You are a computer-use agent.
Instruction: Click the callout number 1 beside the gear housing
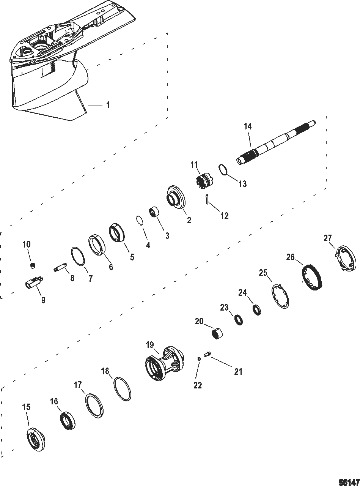pos(108,105)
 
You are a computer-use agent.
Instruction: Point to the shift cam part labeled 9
pos(33,282)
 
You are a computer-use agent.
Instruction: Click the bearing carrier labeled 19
pos(164,362)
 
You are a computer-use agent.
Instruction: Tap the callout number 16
pos(54,401)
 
